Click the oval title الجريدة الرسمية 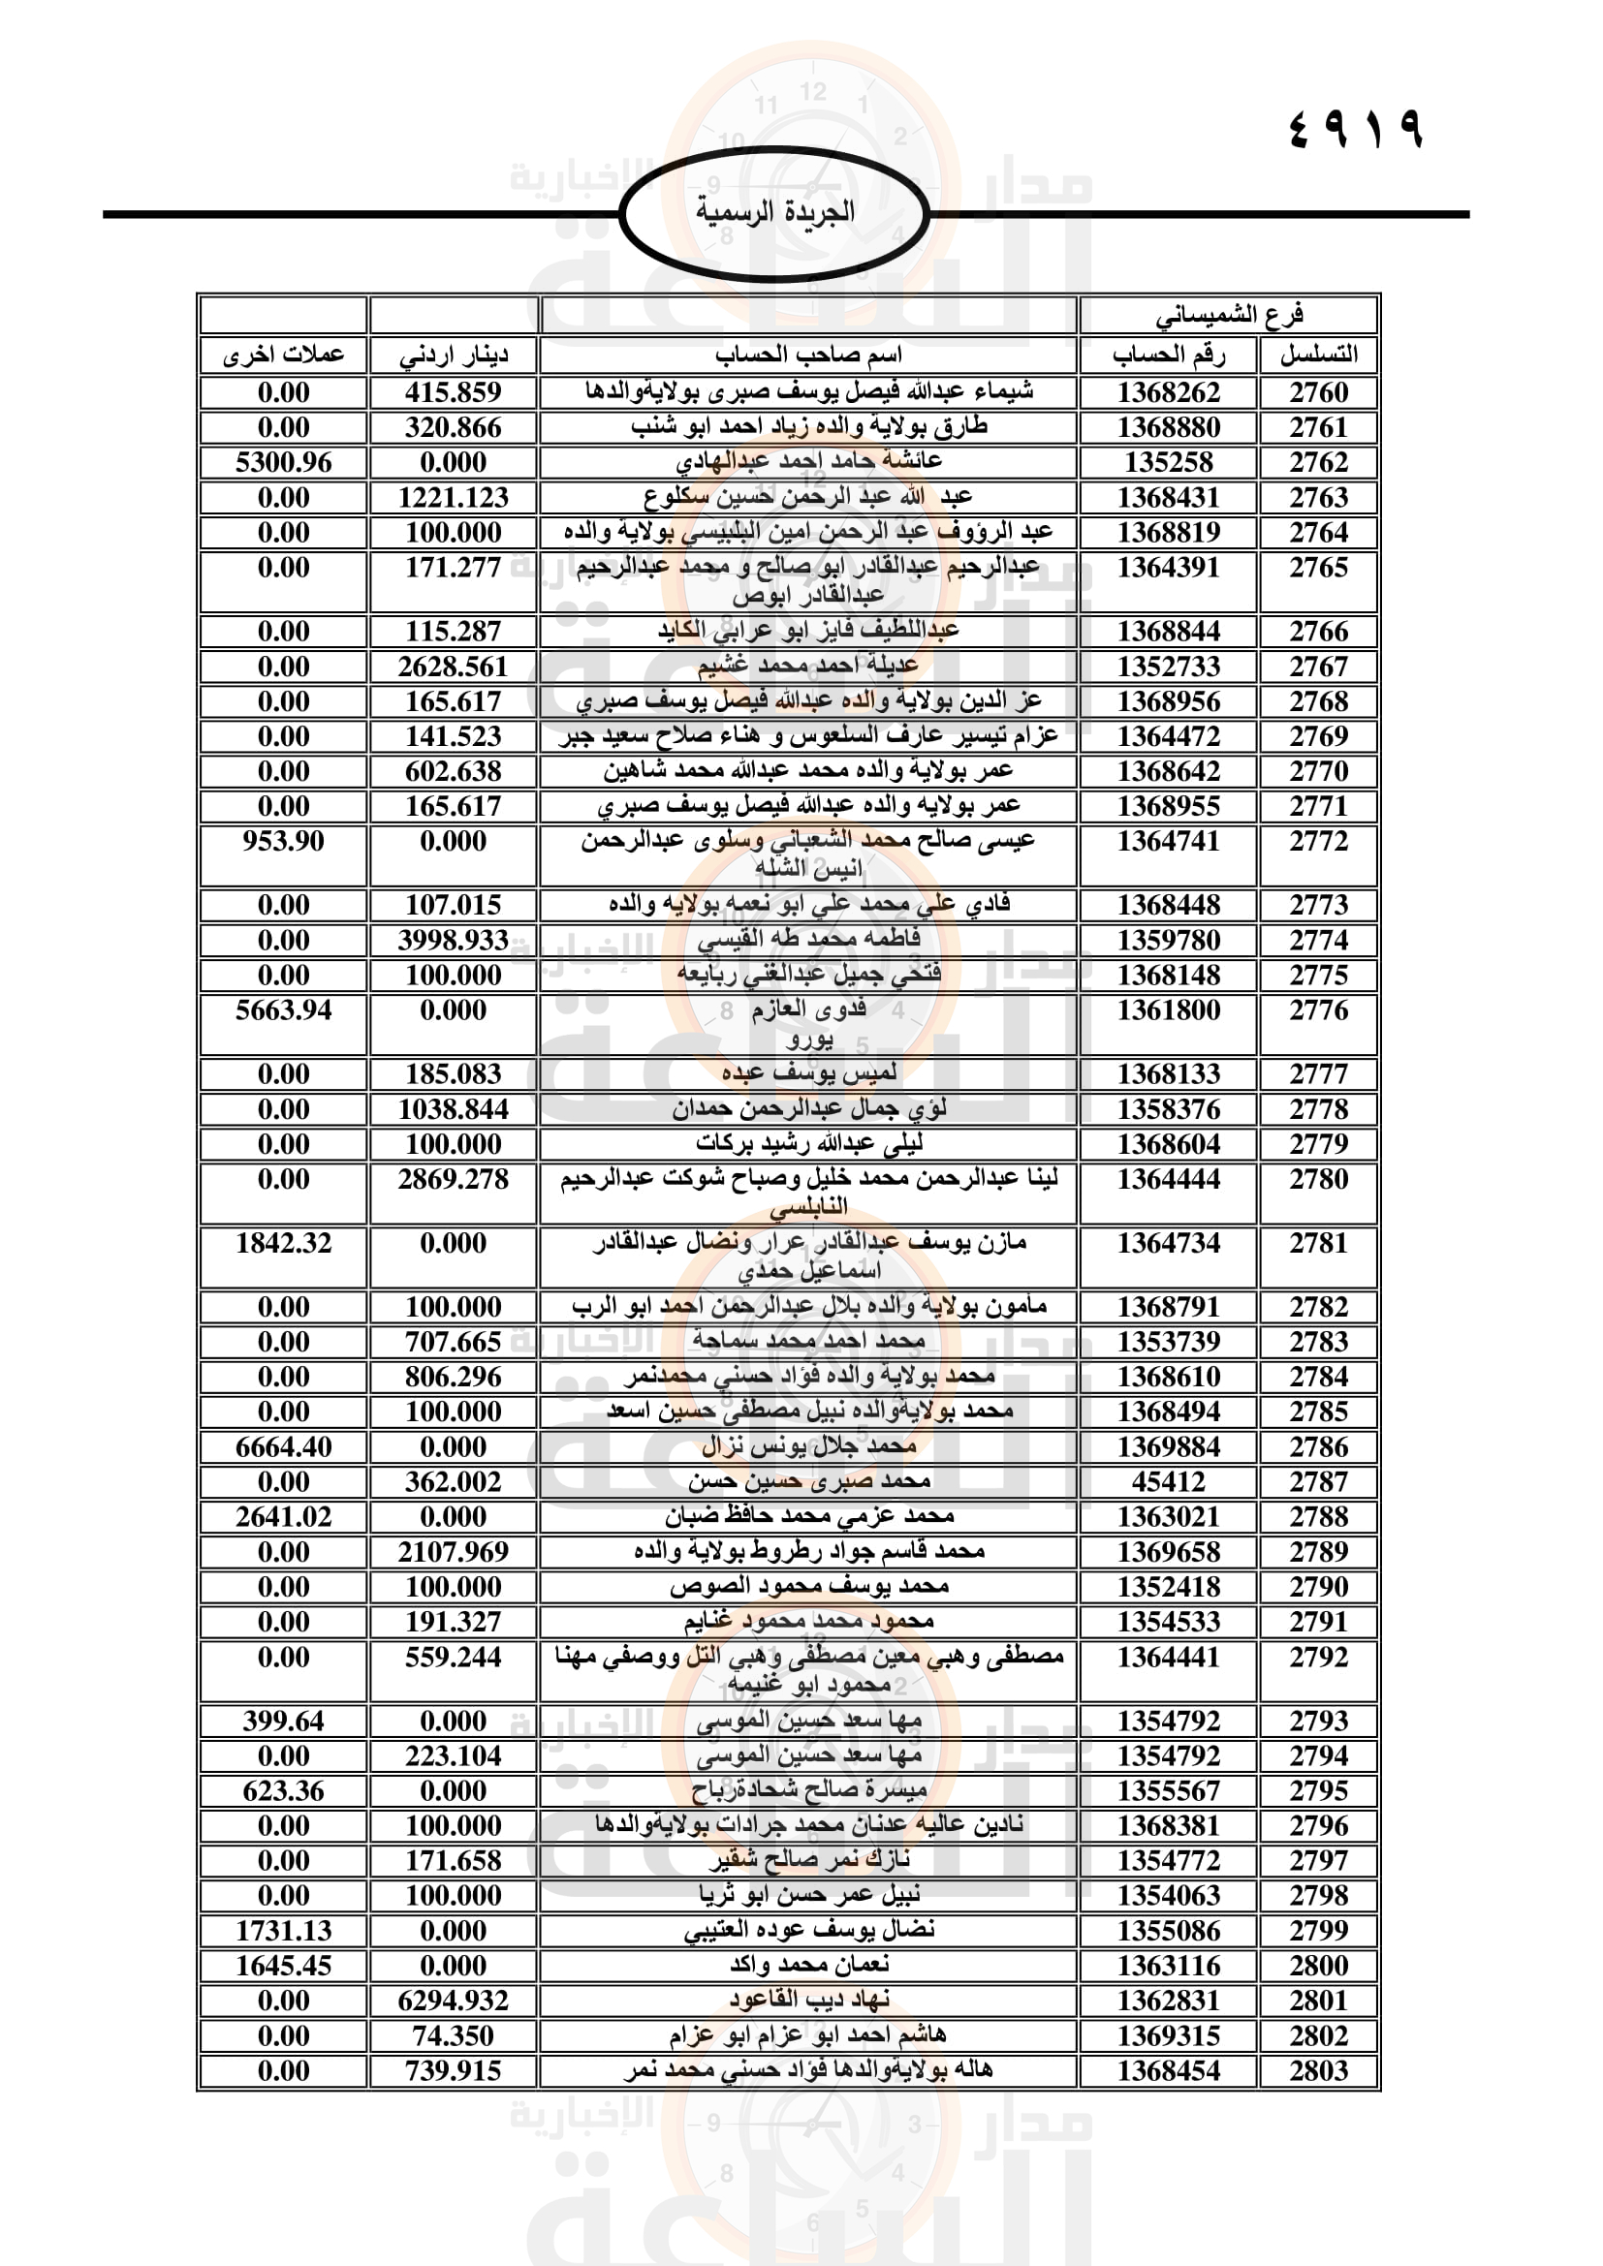(775, 212)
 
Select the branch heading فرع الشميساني (1229, 315)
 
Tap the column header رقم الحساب (1169, 355)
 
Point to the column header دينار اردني (453, 355)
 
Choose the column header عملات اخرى (283, 355)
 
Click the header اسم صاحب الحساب (808, 355)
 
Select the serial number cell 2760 (1318, 392)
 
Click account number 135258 (1169, 463)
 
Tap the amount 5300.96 (283, 463)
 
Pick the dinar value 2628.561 (453, 667)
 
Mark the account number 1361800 (1169, 1010)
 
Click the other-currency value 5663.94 (283, 1010)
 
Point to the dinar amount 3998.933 (453, 941)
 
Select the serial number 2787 (1318, 1482)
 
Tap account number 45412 (1169, 1482)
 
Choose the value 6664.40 (283, 1447)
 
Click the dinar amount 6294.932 (453, 2001)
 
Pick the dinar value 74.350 (453, 2036)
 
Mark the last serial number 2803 (1318, 2070)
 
